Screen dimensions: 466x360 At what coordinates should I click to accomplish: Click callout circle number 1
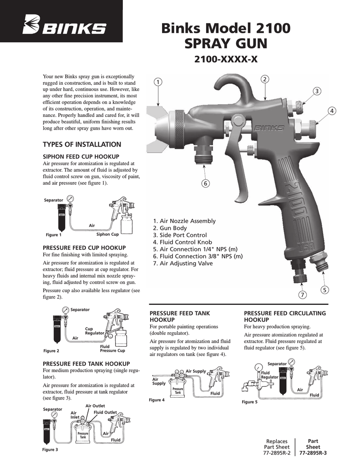click(157, 82)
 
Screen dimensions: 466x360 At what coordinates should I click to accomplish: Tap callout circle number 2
click(265, 80)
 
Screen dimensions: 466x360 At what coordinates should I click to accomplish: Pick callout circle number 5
click(325, 290)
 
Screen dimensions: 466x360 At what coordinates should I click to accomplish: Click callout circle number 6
click(206, 183)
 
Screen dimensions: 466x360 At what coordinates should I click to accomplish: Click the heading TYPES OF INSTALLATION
click(82, 145)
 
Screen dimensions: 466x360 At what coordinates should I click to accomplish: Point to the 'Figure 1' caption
click(54, 235)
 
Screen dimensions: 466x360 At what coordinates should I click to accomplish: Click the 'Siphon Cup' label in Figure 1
click(107, 234)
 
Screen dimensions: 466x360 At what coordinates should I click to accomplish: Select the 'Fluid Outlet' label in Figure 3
click(105, 412)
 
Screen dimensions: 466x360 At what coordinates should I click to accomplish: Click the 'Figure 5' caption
click(249, 402)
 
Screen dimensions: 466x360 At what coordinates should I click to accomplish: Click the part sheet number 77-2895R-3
click(313, 453)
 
